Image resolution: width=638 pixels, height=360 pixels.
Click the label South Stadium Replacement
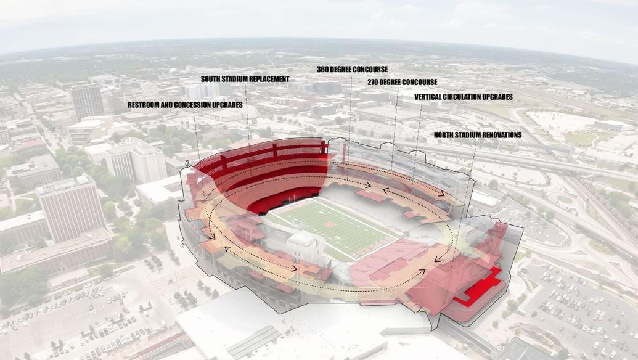coord(245,80)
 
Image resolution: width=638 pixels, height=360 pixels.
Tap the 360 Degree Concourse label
coord(352,70)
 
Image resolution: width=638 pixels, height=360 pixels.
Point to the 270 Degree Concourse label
coord(402,82)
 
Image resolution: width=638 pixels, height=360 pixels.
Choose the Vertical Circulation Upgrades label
coord(463,97)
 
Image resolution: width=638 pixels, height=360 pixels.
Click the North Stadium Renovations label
coord(477,135)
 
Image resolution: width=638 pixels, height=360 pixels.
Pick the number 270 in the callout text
coord(374,82)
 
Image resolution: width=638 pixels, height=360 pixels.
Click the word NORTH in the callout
coord(445,135)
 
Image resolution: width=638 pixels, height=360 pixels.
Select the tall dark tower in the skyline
coord(88,102)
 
